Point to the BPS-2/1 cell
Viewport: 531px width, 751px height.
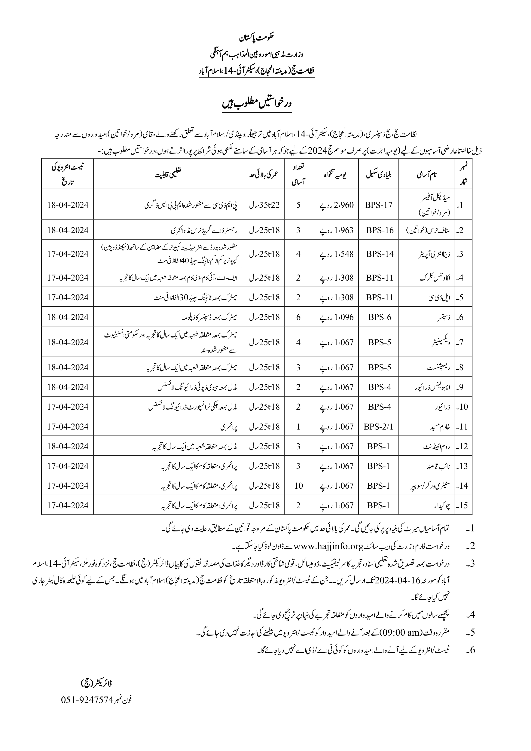(x=379, y=427)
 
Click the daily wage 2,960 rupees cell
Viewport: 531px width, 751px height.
(x=336, y=205)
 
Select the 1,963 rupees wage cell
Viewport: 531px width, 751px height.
(x=336, y=230)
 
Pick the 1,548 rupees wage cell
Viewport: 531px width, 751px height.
(x=336, y=254)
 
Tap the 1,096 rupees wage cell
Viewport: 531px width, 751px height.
(x=336, y=317)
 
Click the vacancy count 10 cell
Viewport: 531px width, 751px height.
(x=298, y=486)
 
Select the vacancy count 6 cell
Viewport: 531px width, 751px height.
(x=298, y=317)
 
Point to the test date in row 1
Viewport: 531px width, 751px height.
(x=68, y=205)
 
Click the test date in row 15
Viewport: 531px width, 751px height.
(x=68, y=505)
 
